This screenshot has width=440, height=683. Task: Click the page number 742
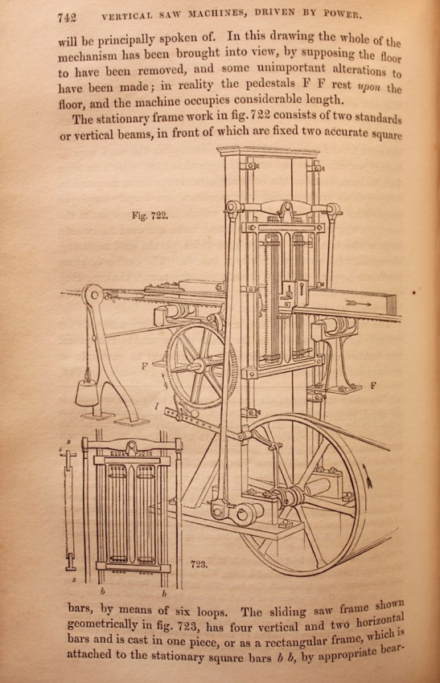click(x=67, y=17)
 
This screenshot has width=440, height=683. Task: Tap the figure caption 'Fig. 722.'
click(x=150, y=215)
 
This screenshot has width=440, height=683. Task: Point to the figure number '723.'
click(x=199, y=564)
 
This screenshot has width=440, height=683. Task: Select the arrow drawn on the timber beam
click(x=356, y=303)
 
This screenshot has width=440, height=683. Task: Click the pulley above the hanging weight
click(x=92, y=296)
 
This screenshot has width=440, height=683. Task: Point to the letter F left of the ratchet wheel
click(x=144, y=366)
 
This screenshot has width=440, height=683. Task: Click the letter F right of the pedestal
click(x=374, y=385)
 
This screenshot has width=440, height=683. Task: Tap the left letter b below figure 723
click(x=103, y=592)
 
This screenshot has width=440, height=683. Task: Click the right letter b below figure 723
click(x=164, y=593)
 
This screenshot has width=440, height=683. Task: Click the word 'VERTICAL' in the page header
click(x=127, y=16)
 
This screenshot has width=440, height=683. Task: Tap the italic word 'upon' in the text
click(x=369, y=86)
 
